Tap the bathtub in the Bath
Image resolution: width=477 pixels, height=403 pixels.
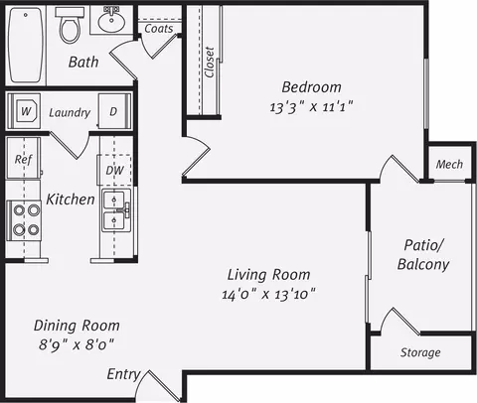click(x=26, y=45)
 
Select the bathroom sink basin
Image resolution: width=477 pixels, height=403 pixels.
click(x=111, y=20)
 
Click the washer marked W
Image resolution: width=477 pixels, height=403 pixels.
click(x=25, y=111)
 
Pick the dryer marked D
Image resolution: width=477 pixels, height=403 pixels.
click(x=114, y=111)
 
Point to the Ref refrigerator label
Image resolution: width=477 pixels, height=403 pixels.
click(x=23, y=160)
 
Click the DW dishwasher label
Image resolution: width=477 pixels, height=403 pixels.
click(x=114, y=171)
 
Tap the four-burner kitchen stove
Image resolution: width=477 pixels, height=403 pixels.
click(x=24, y=220)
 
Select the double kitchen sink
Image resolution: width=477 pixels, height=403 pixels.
click(x=116, y=210)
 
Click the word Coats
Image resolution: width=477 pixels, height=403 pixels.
click(x=159, y=29)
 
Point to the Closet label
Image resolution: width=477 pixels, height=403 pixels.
click(x=210, y=63)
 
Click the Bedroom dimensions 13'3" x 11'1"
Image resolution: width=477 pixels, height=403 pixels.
click(x=311, y=107)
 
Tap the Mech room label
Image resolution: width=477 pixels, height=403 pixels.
click(x=449, y=164)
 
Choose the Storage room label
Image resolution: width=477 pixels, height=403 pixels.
click(x=420, y=352)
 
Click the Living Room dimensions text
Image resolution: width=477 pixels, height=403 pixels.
click(x=268, y=294)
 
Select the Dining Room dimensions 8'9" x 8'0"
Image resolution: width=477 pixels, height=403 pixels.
click(x=77, y=344)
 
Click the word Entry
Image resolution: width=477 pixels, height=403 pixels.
click(x=123, y=374)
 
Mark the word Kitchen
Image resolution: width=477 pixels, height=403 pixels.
click(x=71, y=200)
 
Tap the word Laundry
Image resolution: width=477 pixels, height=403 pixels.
click(x=70, y=113)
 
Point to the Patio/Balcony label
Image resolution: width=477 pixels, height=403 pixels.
click(x=423, y=255)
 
